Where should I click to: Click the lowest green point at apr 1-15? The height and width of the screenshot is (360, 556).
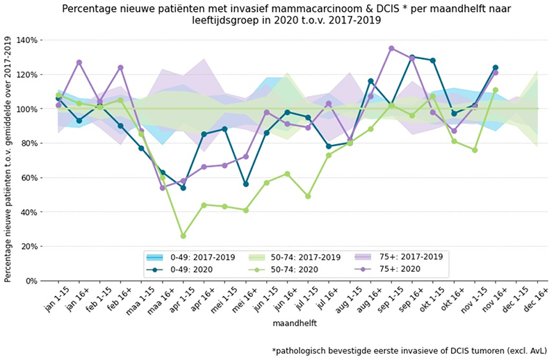pos(183,236)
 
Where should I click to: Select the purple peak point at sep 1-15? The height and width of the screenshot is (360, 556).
pos(391,49)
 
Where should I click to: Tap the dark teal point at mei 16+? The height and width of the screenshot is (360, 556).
pos(246,184)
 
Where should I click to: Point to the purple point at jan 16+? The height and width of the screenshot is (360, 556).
pos(79,63)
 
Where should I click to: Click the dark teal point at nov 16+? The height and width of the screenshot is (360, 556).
pos(496,67)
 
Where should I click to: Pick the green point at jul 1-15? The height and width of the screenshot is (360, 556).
pos(308,196)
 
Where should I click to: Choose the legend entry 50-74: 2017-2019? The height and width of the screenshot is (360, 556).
pos(286,256)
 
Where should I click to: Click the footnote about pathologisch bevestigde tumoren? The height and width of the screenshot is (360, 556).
pos(411,351)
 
